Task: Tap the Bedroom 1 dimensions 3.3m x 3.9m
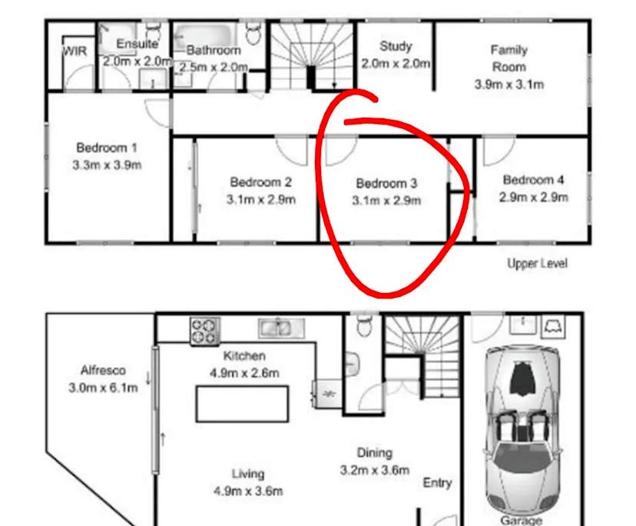(107, 165)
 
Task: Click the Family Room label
(509, 58)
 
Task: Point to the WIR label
(74, 51)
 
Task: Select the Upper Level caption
(537, 263)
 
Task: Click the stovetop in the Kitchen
(205, 331)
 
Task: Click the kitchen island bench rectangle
(242, 404)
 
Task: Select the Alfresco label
(103, 370)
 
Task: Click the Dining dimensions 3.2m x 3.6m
(374, 470)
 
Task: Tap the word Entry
(437, 483)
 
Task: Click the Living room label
(248, 474)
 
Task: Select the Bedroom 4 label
(533, 180)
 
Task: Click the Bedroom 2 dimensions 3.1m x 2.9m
(260, 200)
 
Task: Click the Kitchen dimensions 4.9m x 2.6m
(244, 374)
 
